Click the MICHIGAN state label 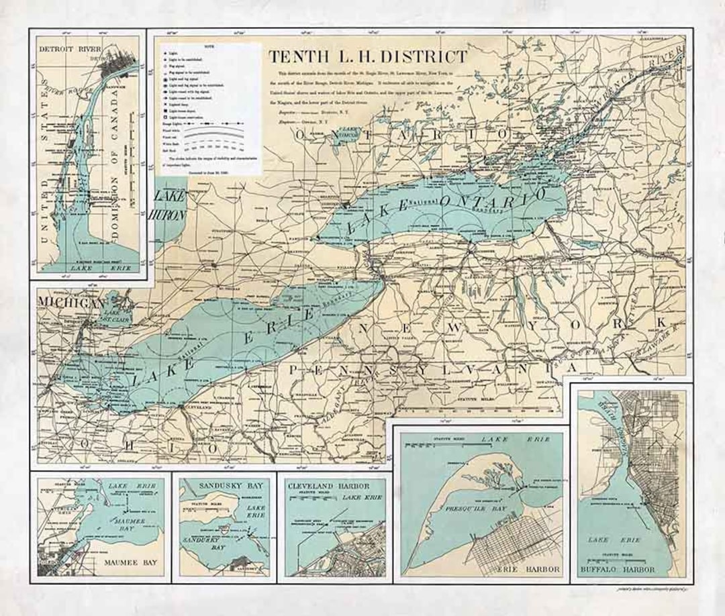pyautogui.click(x=71, y=303)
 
